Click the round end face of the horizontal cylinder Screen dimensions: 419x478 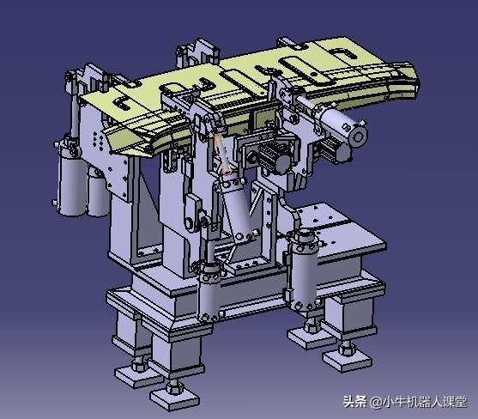pos(357,135)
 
